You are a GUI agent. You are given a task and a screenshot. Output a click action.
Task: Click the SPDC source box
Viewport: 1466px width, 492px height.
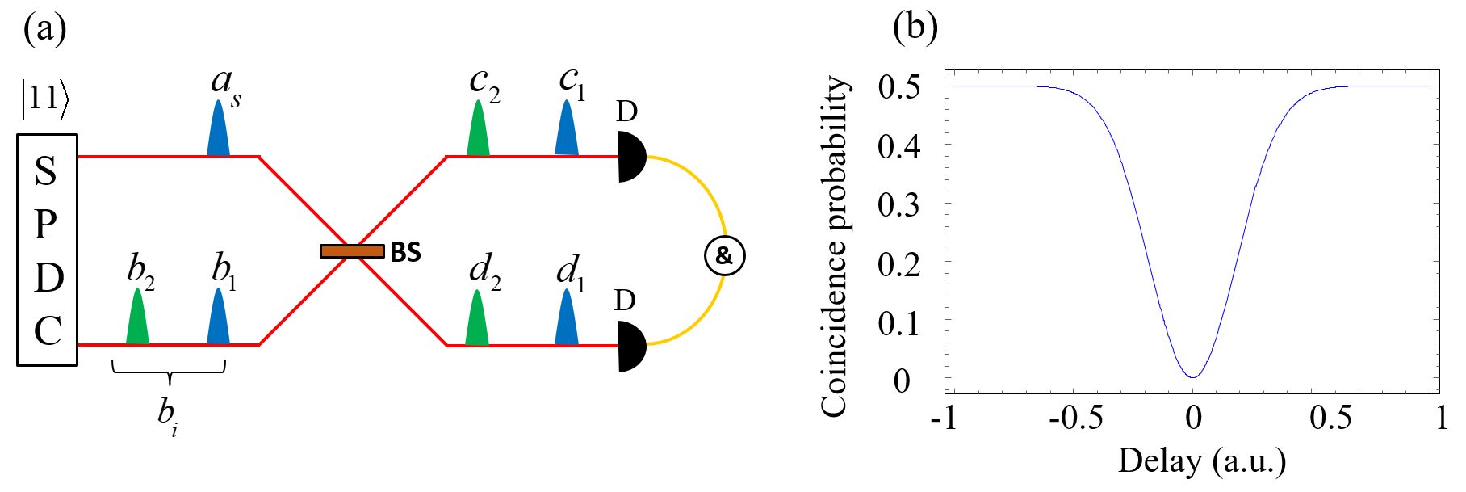coord(47,250)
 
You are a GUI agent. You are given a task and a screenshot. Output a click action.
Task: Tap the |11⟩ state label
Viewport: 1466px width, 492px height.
coord(44,99)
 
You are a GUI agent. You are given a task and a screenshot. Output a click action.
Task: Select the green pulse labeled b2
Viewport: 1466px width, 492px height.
coord(138,320)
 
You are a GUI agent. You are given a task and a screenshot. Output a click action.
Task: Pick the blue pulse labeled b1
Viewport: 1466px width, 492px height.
coord(219,320)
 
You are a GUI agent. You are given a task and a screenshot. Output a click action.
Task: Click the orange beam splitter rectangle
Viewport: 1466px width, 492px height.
coord(352,251)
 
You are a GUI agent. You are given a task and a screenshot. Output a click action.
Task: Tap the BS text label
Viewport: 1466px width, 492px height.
coord(405,252)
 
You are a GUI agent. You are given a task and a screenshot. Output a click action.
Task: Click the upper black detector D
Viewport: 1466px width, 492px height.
coord(630,157)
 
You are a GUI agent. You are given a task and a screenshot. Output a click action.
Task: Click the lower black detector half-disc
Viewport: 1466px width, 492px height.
coord(630,347)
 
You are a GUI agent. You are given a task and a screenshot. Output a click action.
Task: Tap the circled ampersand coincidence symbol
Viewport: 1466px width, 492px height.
coord(724,256)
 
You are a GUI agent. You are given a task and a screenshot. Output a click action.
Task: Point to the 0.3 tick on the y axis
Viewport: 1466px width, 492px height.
coord(898,205)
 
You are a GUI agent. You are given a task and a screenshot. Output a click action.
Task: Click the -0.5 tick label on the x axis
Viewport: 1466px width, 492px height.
coord(1075,418)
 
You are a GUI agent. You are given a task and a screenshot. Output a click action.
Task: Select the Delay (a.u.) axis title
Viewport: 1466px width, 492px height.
coord(1201,461)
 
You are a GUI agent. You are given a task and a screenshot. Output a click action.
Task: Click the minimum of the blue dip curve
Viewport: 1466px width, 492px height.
coord(1193,376)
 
